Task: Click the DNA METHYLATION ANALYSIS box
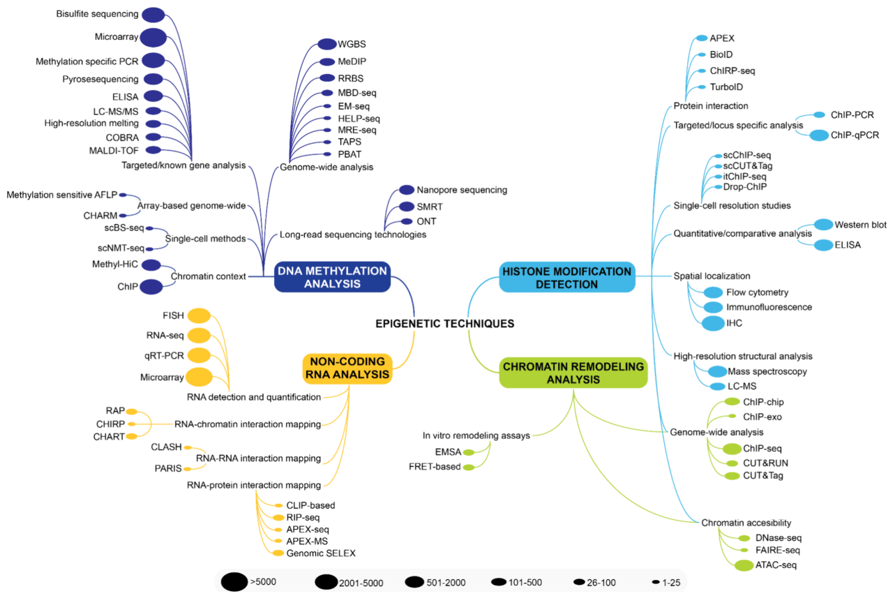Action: coord(331,277)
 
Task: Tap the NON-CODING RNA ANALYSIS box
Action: coord(347,368)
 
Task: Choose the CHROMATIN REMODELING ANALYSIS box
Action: coord(573,373)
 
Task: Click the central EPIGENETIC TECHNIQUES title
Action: coord(445,324)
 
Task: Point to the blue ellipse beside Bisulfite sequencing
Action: coord(153,14)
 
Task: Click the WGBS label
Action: coord(352,44)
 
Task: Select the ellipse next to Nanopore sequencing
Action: coord(407,190)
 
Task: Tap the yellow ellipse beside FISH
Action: coord(199,315)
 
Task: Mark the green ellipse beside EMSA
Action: coord(469,452)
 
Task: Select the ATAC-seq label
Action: coord(776,565)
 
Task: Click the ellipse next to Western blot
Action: coord(824,225)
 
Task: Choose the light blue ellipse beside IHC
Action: coord(713,323)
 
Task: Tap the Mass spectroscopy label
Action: coord(766,371)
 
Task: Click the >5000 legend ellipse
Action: coord(234,581)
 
